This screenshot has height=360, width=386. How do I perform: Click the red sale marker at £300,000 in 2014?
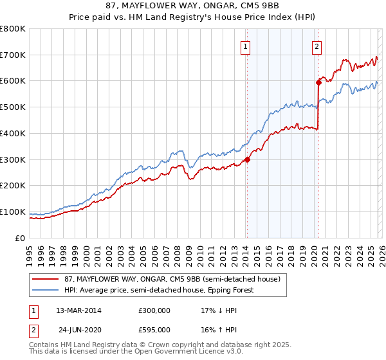click(247, 160)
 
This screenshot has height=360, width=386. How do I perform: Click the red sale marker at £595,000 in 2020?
click(318, 82)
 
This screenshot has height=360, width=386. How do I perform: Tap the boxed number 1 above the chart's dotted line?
click(246, 46)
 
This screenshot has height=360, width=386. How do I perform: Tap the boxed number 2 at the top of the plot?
click(318, 46)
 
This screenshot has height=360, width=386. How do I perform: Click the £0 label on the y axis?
click(20, 238)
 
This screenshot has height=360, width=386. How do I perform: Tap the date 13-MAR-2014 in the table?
click(79, 310)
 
